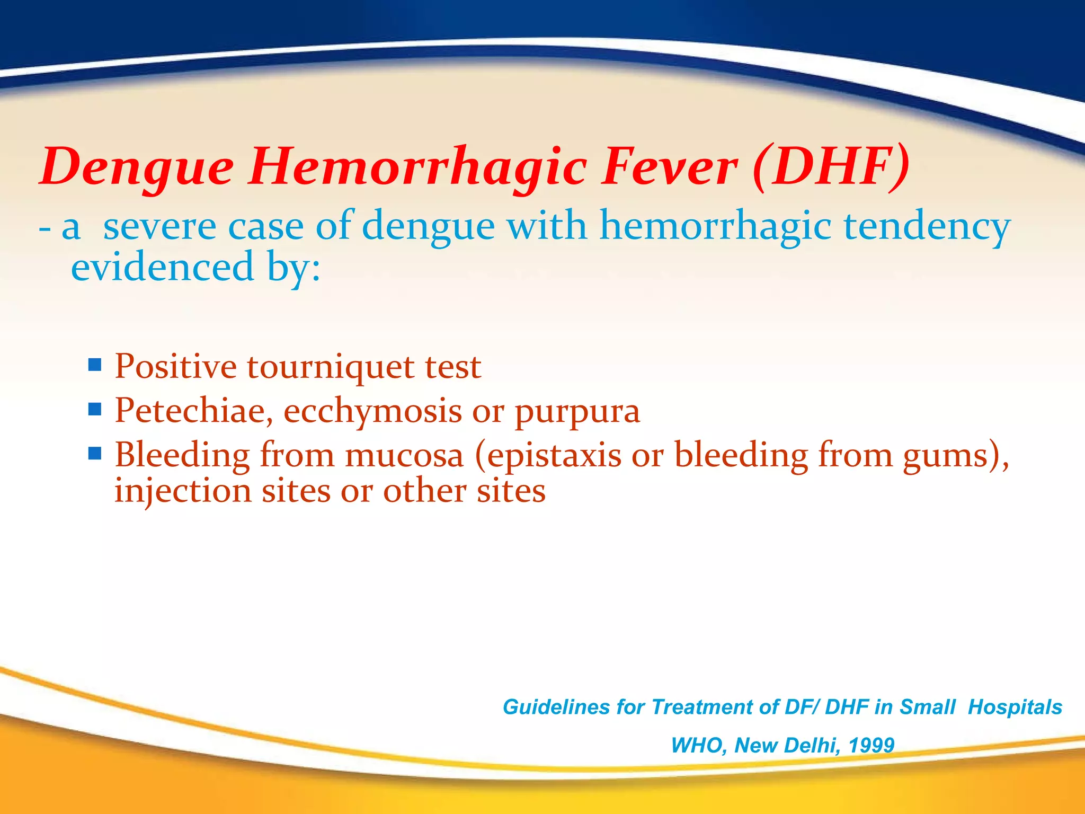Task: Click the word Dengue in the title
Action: [x=137, y=167]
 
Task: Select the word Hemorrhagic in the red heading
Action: [x=419, y=167]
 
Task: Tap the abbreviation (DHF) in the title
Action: [x=831, y=167]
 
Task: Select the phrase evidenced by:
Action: [x=196, y=267]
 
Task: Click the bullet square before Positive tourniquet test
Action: [x=95, y=365]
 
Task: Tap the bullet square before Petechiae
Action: [x=95, y=409]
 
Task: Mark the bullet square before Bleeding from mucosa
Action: [x=95, y=454]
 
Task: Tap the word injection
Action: [x=183, y=491]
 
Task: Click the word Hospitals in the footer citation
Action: [x=1015, y=707]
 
